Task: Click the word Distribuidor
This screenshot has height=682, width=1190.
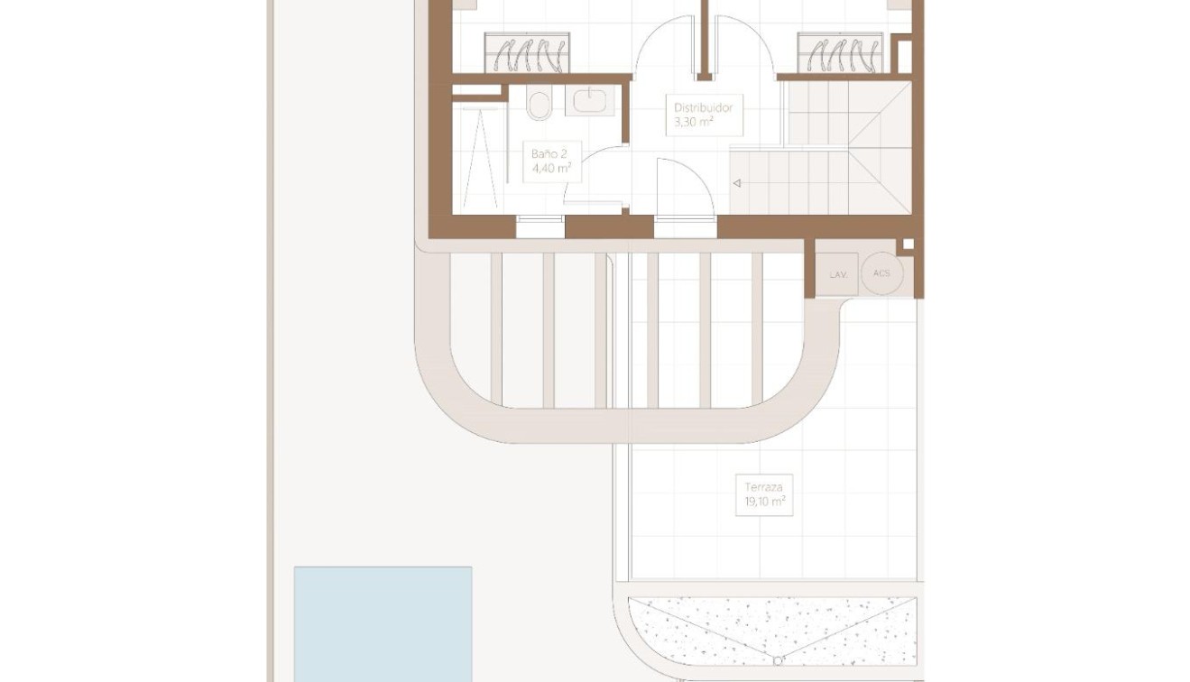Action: [703, 107]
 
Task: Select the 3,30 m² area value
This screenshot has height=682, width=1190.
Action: [694, 122]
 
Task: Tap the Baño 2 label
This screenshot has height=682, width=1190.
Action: [550, 153]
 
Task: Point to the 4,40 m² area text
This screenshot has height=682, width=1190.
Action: [551, 167]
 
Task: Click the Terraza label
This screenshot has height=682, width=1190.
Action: [763, 487]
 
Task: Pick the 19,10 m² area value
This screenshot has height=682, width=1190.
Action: [763, 502]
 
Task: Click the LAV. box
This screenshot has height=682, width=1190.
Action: [837, 274]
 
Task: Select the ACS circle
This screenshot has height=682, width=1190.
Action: [881, 273]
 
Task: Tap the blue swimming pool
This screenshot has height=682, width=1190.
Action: [383, 623]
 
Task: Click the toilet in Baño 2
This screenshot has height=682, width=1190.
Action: [540, 105]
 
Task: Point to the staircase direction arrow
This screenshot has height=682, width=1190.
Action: [737, 183]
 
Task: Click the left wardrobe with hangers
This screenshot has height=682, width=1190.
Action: [528, 52]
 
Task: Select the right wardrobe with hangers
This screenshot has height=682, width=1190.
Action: [840, 52]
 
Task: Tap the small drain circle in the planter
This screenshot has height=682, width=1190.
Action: [778, 661]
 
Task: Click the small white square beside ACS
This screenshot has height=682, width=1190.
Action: [908, 244]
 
